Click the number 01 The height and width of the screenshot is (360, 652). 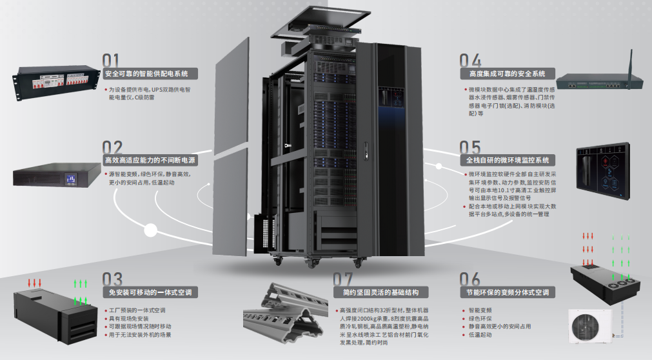[112, 60]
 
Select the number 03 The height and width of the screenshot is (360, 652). [112, 279]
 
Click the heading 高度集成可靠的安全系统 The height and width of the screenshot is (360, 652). [502, 74]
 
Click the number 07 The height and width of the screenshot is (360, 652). [343, 279]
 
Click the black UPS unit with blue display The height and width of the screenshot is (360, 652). [59, 176]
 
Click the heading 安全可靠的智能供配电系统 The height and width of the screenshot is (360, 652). [150, 74]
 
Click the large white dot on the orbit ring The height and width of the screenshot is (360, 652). [152, 230]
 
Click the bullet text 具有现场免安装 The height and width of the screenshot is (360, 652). [129, 319]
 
